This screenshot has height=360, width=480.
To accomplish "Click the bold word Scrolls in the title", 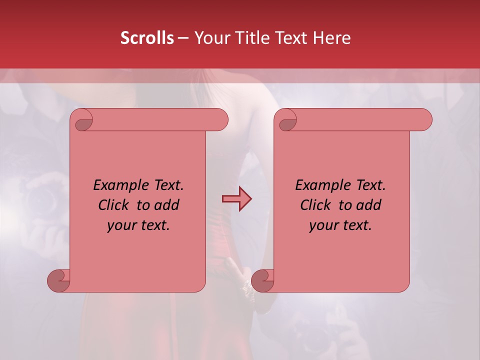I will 147,38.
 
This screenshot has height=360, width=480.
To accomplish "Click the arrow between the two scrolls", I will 236,199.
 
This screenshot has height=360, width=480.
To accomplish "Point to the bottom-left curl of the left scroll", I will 58,280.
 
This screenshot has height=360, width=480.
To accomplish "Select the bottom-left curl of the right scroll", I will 262,280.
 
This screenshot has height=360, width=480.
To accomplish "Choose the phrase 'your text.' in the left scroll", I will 138,225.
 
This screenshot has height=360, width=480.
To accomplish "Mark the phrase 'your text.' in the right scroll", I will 340,225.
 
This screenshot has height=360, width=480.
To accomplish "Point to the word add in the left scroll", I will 166,205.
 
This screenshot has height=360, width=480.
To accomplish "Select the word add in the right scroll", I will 368,205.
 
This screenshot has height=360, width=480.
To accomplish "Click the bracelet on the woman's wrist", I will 247,287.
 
